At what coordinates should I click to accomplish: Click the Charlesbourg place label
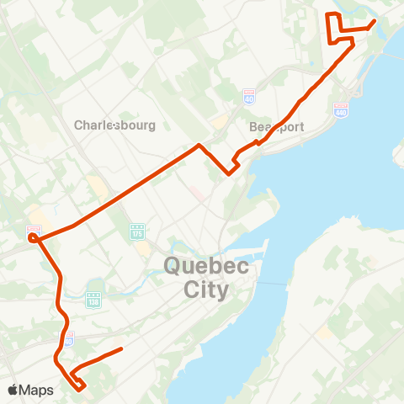click(x=114, y=125)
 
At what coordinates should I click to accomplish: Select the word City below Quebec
click(x=206, y=290)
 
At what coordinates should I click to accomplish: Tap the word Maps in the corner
click(x=37, y=391)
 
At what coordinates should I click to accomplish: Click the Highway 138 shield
click(x=93, y=299)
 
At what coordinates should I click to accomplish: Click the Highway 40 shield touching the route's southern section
click(x=69, y=337)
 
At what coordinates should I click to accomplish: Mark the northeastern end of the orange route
click(x=373, y=21)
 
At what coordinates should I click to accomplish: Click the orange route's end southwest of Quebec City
click(x=122, y=348)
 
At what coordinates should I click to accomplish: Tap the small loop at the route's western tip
click(x=32, y=238)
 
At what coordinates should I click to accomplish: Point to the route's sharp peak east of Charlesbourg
click(x=199, y=146)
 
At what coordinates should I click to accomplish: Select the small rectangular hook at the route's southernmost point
click(x=80, y=386)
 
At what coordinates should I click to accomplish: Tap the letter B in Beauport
click(x=254, y=126)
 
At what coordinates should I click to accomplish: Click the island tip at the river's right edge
click(x=397, y=156)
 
